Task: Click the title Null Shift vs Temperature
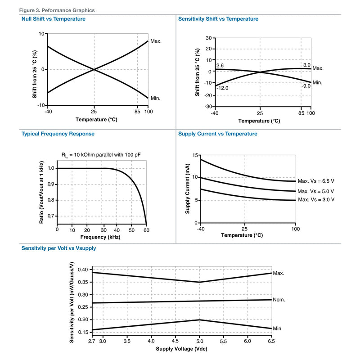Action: tap(54, 19)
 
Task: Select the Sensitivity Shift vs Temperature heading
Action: tap(218, 19)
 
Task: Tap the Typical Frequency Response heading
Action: tap(58, 134)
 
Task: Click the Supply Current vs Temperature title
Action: tap(218, 134)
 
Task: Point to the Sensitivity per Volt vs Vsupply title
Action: tap(58, 248)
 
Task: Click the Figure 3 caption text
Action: tap(57, 10)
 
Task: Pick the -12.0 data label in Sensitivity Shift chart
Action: tap(222, 88)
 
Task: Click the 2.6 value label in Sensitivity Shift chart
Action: tap(220, 66)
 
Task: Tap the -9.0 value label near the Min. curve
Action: tap(306, 86)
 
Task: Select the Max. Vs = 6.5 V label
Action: tap(316, 181)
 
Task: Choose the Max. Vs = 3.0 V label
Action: tap(316, 199)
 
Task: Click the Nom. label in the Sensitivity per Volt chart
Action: tap(279, 300)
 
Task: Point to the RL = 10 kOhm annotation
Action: tap(101, 155)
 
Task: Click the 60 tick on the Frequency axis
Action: tap(147, 230)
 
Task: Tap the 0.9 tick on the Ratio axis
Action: tap(51, 184)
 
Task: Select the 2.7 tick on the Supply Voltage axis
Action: tap(92, 341)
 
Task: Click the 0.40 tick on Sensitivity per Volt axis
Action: tap(83, 270)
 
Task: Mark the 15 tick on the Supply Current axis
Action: tap(195, 155)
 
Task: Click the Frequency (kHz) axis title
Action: tap(100, 237)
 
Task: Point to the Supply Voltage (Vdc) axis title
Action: tap(182, 349)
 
